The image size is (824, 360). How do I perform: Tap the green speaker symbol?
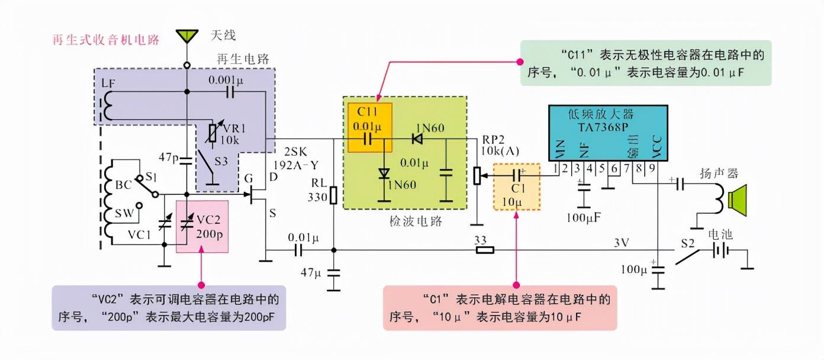739,198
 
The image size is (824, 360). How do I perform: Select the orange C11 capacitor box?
369,127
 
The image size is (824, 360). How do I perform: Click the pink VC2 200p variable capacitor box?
202,226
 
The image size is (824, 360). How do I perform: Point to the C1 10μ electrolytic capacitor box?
516,187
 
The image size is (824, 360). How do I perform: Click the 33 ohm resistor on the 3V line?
485,250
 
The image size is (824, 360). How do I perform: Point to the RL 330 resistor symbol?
333,196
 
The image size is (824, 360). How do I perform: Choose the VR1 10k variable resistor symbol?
214,136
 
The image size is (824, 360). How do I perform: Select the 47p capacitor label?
169,157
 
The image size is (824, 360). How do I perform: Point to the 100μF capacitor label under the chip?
584,217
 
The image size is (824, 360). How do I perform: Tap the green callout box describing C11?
645,63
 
